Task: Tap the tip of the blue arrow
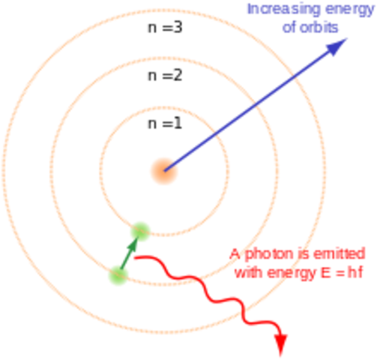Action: click(x=346, y=42)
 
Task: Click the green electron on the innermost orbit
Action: click(x=140, y=230)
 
